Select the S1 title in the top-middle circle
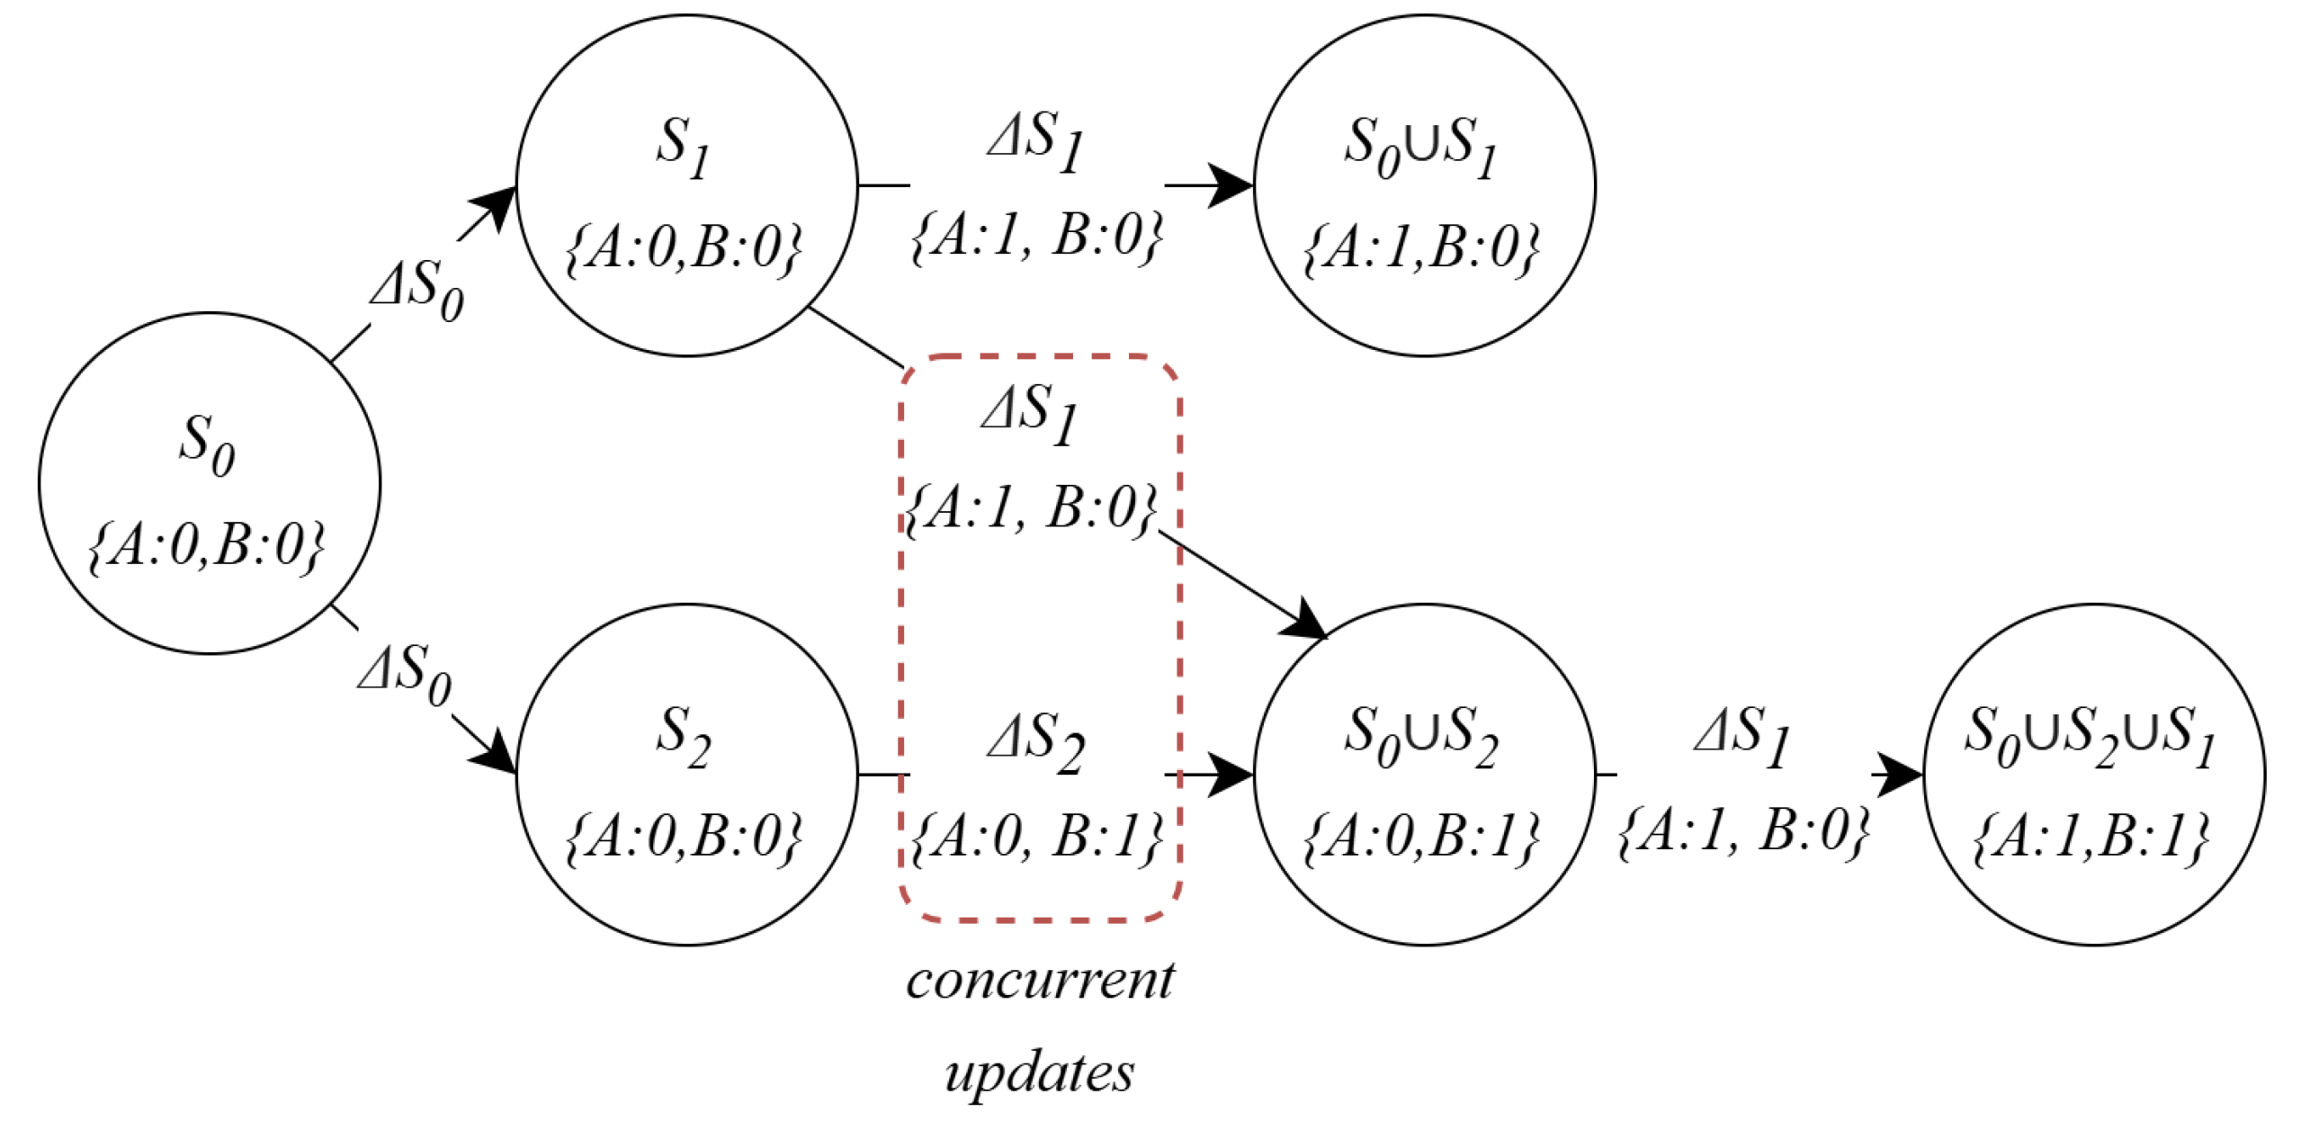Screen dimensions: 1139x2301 pos(684,148)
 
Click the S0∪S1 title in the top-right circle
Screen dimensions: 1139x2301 pos(1421,148)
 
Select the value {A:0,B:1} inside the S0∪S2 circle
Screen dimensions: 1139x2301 pos(1421,837)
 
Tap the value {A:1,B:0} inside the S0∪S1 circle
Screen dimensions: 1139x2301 pos(1421,247)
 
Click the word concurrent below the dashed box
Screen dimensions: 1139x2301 pos(1040,981)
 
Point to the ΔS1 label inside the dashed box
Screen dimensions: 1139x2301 pos(1031,414)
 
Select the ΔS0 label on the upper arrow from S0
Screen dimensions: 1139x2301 pos(417,290)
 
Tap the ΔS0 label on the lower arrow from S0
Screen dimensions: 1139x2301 pos(405,675)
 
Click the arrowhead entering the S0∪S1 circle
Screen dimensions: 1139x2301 pos(1231,185)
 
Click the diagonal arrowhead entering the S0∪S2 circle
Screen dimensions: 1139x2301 pos(1304,621)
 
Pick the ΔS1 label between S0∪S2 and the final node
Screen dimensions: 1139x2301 pos(1743,738)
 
